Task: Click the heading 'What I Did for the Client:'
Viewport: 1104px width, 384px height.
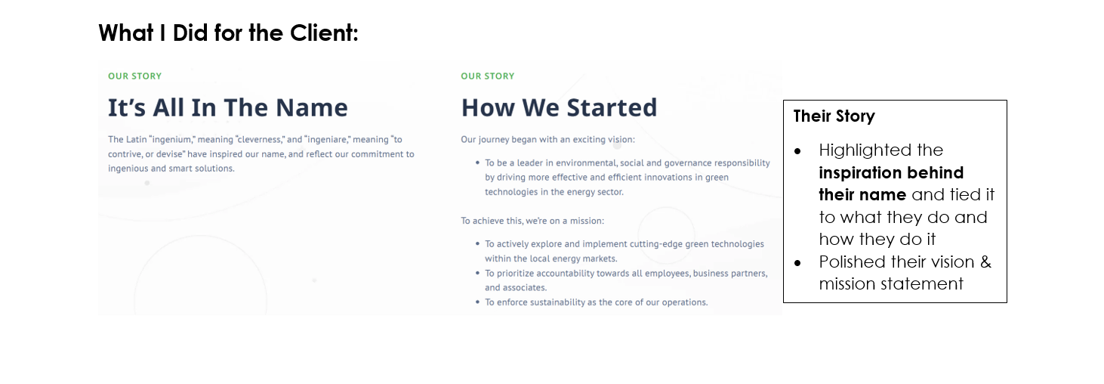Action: click(x=228, y=33)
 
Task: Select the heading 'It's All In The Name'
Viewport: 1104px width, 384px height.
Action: click(x=228, y=107)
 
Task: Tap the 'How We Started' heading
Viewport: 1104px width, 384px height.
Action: click(x=559, y=107)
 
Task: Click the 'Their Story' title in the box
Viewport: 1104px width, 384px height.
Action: click(x=834, y=116)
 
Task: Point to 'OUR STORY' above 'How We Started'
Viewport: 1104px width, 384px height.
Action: click(x=487, y=76)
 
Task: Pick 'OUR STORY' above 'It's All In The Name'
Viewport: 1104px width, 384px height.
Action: click(x=134, y=76)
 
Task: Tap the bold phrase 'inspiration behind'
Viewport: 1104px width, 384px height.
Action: click(x=891, y=173)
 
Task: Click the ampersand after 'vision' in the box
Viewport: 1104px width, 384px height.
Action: click(x=985, y=262)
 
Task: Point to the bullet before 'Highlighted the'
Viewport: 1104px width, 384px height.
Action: click(x=797, y=151)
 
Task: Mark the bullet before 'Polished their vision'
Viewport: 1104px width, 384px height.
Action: click(x=797, y=263)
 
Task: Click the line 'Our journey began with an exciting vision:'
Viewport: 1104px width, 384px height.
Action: click(x=547, y=140)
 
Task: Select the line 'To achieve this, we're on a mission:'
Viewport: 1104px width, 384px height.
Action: click(x=532, y=221)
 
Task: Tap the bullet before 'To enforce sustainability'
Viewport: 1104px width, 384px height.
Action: click(x=477, y=302)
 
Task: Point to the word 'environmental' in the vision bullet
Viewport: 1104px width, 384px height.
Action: click(x=586, y=163)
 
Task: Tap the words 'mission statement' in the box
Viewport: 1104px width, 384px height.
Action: click(x=891, y=283)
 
